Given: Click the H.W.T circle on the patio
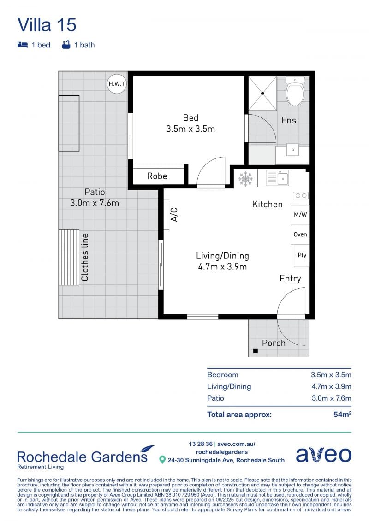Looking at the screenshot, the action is tap(117, 84).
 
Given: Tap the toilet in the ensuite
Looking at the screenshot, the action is tap(295, 91).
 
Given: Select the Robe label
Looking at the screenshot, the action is tap(157, 176).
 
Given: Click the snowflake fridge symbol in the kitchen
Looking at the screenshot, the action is tap(245, 179).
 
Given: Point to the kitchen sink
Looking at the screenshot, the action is tap(278, 178).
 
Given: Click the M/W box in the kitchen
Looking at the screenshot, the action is tap(300, 215).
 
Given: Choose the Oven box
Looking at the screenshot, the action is tap(300, 234).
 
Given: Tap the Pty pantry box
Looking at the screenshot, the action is tap(302, 255).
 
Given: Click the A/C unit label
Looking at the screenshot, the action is tap(174, 215).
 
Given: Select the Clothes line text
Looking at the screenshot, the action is tap(85, 257).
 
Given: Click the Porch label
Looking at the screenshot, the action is tap(274, 343).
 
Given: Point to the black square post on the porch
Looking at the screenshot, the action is tap(256, 351).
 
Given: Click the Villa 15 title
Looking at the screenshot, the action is tap(47, 25).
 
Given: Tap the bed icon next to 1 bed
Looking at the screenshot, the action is tap(22, 45).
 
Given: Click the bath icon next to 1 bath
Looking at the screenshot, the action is tap(66, 45).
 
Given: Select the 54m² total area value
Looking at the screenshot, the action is tap(342, 414).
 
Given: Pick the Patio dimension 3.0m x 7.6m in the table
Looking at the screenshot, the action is tap(331, 398).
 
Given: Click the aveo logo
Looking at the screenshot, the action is tap(323, 455).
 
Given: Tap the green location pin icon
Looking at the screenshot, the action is tap(162, 460).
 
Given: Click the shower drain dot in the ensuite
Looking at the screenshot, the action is tap(262, 94).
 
